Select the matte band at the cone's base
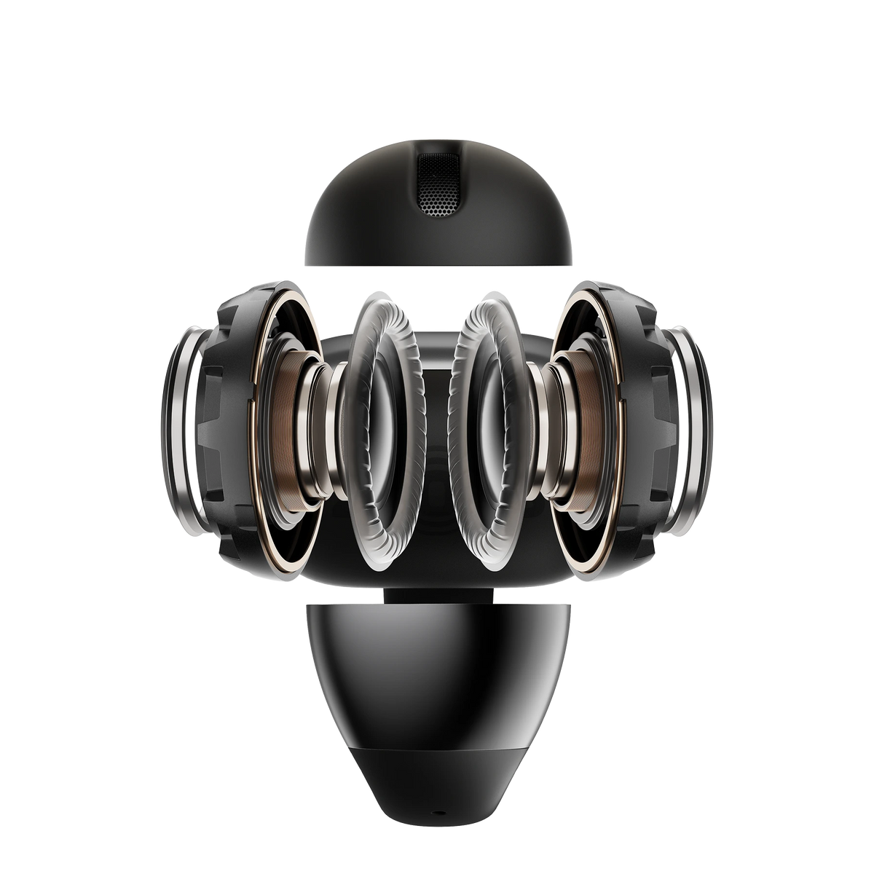pos(437,757)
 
